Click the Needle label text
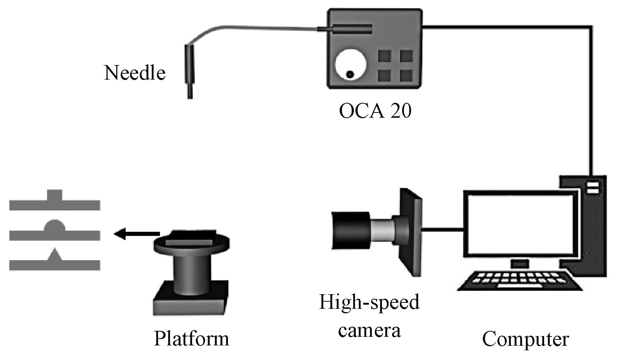[135, 73]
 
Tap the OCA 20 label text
[375, 111]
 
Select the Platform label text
[191, 339]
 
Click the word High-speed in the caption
[369, 302]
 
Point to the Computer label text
[525, 339]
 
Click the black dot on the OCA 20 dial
[350, 74]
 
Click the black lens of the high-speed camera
[351, 230]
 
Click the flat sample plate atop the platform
[191, 238]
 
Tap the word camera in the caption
[369, 330]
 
